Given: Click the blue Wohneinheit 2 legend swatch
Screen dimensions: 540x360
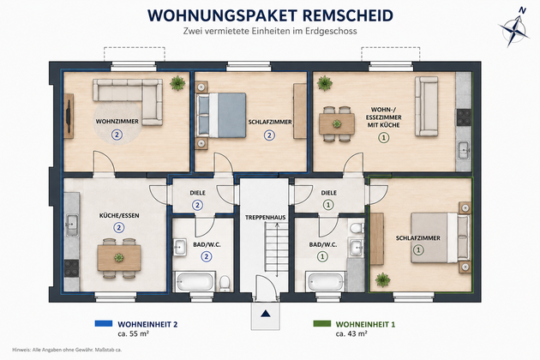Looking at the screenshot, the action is click(104, 323).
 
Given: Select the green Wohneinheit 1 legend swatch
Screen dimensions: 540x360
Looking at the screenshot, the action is click(322, 323).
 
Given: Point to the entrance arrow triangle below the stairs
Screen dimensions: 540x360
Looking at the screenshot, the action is click(265, 314).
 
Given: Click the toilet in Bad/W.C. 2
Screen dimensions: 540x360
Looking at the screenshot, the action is click(225, 283).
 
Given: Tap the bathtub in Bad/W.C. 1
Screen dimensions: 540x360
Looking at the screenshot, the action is click(326, 281).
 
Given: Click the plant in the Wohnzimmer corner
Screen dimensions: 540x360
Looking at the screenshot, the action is click(177, 83).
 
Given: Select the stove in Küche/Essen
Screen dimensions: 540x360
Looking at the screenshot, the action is click(72, 268).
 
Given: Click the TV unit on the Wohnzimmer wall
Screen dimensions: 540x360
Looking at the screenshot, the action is click(69, 116).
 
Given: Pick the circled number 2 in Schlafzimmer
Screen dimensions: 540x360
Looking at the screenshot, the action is click(269, 135).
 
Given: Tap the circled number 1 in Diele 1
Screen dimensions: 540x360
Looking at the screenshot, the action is click(328, 205).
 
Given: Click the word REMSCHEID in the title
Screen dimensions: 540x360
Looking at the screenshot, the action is click(347, 15).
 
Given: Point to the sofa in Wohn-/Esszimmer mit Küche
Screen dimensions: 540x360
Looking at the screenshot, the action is click(426, 106).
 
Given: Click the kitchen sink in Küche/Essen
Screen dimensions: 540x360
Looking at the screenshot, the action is click(72, 225).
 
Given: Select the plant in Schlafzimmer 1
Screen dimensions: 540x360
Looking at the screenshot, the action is click(382, 279).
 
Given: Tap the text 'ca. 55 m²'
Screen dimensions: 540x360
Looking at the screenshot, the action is click(133, 333).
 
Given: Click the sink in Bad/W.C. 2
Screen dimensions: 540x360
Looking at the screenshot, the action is click(180, 247).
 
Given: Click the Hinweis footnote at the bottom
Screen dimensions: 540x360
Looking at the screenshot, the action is click(67, 350).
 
